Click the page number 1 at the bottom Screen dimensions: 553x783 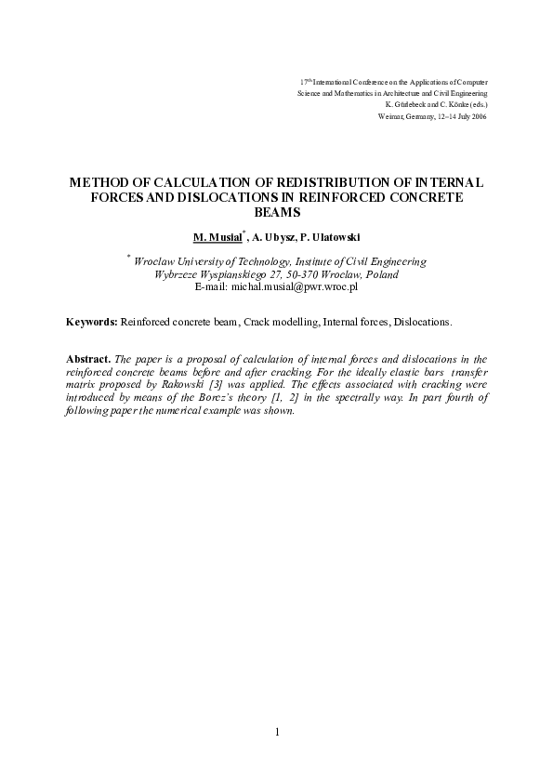[x=277, y=733]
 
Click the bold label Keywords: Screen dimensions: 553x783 [x=92, y=322]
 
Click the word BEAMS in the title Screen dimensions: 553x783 [x=277, y=212]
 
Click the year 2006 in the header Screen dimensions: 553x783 [x=478, y=117]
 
